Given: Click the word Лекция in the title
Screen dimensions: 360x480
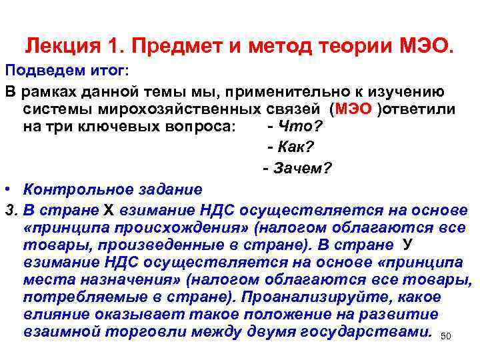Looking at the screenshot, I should pos(61,47).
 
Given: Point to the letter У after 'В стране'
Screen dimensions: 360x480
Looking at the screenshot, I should pos(408,245).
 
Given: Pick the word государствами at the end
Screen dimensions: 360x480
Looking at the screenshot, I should pos(382,331).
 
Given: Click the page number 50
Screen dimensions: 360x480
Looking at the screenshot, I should pos(446,337).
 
